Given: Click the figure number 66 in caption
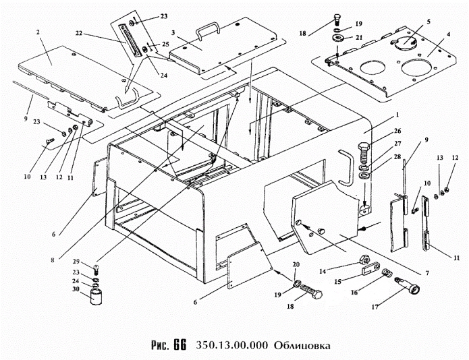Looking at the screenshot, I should (179, 344).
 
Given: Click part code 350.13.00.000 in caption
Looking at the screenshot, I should (233, 345).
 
